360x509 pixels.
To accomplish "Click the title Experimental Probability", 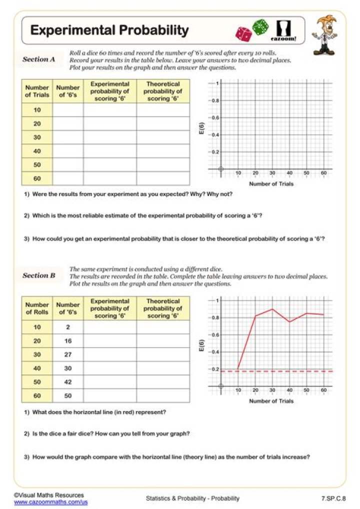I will [x=109, y=30].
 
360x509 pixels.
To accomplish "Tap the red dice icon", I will [x=244, y=34].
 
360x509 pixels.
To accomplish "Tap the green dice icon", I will [x=260, y=26].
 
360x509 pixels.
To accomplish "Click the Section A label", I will [x=38, y=59].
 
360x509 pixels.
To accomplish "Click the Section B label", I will [x=38, y=275].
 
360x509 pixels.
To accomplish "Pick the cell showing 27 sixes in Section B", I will [x=68, y=354].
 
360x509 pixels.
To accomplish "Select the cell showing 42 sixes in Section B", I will [x=68, y=382].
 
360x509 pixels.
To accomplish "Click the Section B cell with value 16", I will [x=68, y=341].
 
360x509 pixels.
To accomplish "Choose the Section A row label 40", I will [x=37, y=151].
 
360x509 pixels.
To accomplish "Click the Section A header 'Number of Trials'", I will [x=37, y=91].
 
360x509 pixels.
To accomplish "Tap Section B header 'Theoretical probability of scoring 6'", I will [x=163, y=308].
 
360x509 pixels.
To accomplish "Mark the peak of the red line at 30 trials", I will [x=272, y=309].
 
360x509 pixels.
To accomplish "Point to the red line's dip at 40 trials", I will [x=289, y=321].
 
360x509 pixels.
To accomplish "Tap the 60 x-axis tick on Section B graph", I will [x=323, y=389].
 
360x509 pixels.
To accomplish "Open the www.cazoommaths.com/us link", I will [x=50, y=501].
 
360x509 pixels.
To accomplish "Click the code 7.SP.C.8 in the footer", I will [x=333, y=498].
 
